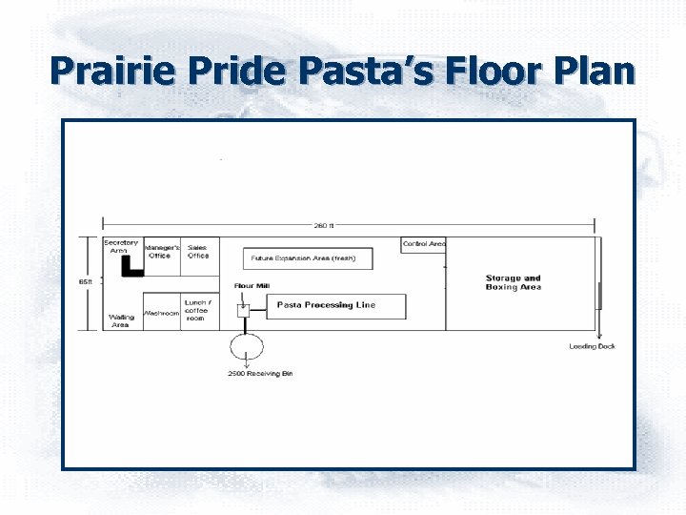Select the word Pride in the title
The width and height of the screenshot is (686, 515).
[x=232, y=72]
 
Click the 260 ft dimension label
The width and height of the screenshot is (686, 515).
[x=325, y=225]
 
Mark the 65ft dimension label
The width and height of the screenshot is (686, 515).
[x=85, y=281]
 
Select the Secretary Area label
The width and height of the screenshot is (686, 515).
[x=121, y=246]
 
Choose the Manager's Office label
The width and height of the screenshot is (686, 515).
[x=161, y=252]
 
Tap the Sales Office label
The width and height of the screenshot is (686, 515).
[x=198, y=252]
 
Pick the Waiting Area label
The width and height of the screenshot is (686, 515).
[x=121, y=320]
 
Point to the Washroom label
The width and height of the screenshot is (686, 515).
[x=161, y=313]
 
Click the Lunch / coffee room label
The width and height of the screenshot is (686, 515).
[x=197, y=310]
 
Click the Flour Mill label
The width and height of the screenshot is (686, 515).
[x=251, y=286]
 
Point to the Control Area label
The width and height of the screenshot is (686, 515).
[x=424, y=244]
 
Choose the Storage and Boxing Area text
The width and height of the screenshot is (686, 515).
[x=513, y=282]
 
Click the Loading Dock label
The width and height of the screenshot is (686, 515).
[x=592, y=346]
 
